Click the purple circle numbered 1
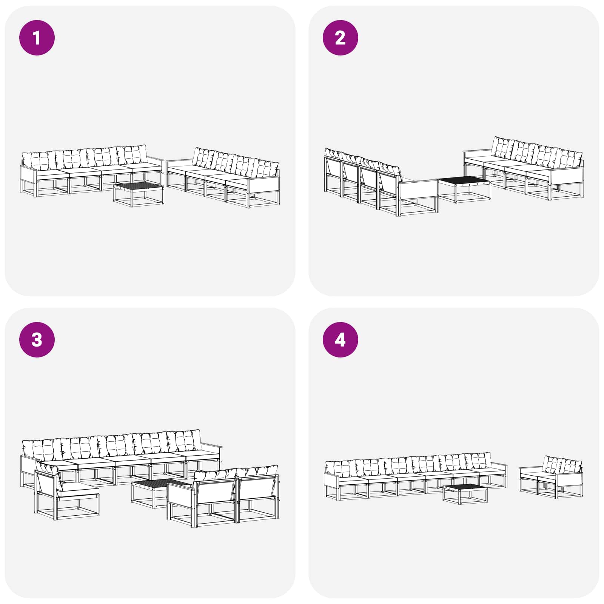coord(37,38)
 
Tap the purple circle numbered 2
coord(341,38)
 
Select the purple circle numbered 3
coord(37,340)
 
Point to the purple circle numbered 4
coord(341,340)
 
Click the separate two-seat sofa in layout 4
coord(551,477)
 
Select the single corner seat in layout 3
coord(66,491)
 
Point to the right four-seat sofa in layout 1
coord(223,177)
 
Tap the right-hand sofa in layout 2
coord(524,168)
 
